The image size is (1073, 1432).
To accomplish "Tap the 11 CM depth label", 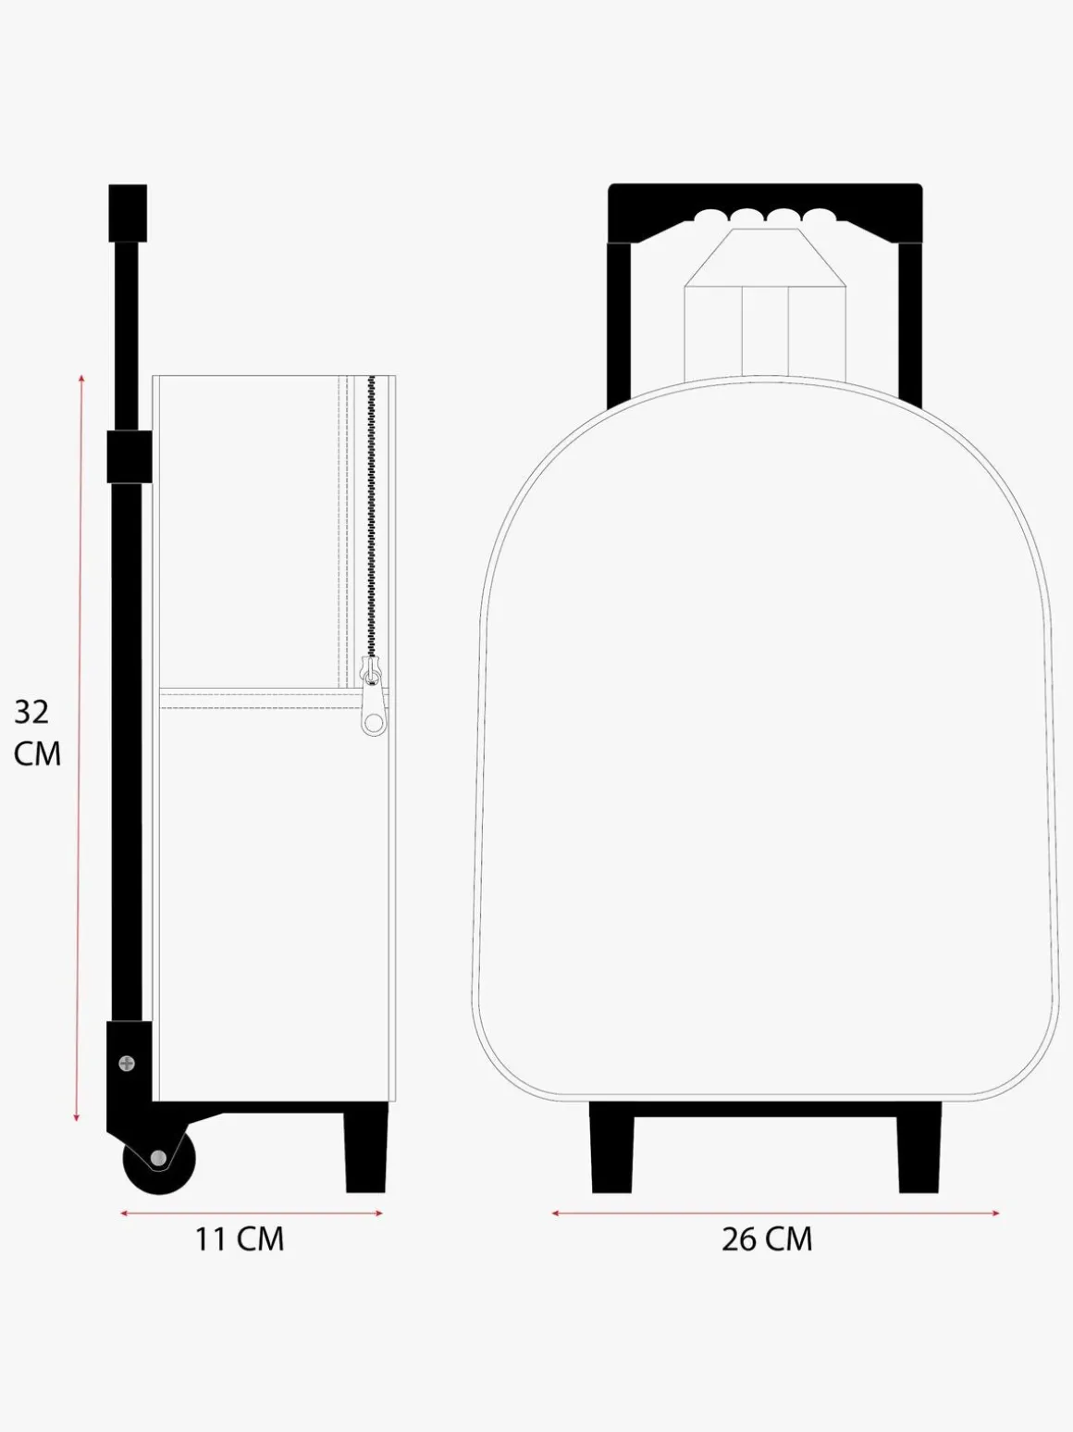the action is coord(240,1239).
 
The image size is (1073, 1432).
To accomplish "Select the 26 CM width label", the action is coord(767,1239).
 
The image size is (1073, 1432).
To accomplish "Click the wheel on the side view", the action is coord(159,1159).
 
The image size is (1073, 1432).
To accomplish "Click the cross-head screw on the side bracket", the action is coord(127,1064).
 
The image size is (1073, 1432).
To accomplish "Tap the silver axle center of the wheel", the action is coord(158,1158).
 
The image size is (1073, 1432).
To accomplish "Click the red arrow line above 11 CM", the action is coord(251,1214).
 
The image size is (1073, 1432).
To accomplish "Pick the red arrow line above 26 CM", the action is coord(775,1214).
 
